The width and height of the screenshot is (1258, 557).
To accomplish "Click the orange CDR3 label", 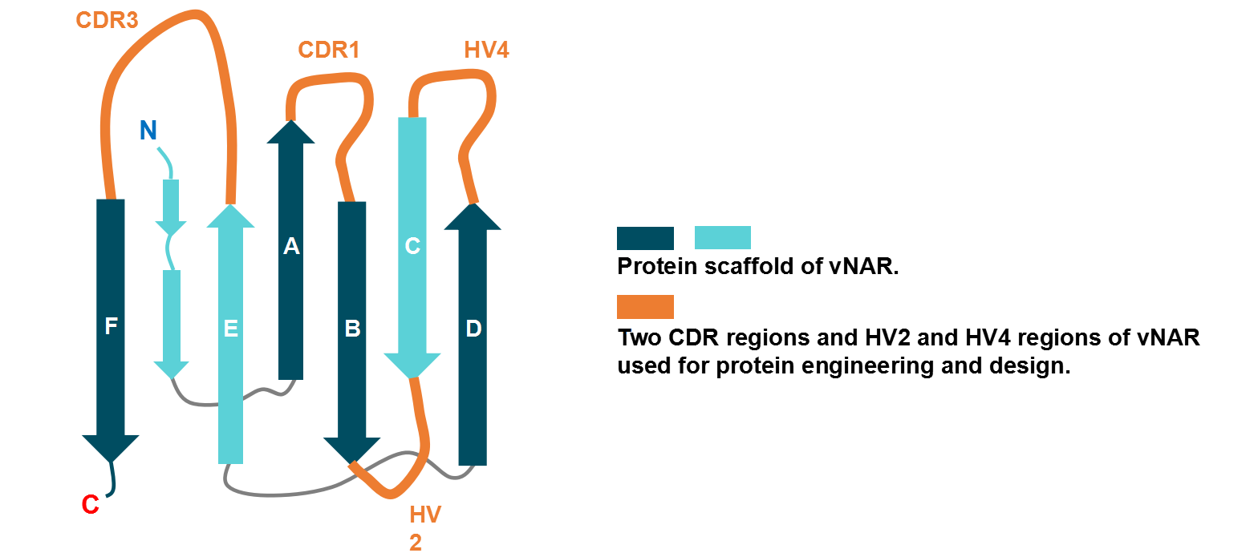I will [107, 20].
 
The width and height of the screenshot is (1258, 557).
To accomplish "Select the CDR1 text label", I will [328, 50].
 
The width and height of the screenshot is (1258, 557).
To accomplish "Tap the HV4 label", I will [486, 50].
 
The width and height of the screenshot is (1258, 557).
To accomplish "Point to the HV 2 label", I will [424, 527].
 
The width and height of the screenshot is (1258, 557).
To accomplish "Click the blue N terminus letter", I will [148, 131].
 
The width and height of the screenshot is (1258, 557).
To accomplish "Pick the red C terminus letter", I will [91, 505].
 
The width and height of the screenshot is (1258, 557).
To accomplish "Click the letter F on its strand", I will [112, 326].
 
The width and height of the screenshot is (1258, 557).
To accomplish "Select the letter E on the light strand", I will [231, 329].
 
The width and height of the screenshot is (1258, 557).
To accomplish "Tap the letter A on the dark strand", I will [291, 247].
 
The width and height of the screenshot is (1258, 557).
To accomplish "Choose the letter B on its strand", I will [352, 329].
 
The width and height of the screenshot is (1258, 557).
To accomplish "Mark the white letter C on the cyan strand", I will [412, 247].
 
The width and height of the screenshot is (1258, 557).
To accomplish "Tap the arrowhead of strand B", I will [351, 449].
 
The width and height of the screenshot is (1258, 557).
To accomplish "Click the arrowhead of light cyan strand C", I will [412, 365].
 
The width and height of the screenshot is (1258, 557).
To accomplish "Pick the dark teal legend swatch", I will [645, 239].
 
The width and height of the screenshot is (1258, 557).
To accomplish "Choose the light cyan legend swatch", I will [722, 238].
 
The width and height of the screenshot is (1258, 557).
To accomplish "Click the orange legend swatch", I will [645, 307].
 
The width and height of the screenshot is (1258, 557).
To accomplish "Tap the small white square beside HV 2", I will [396, 507].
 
